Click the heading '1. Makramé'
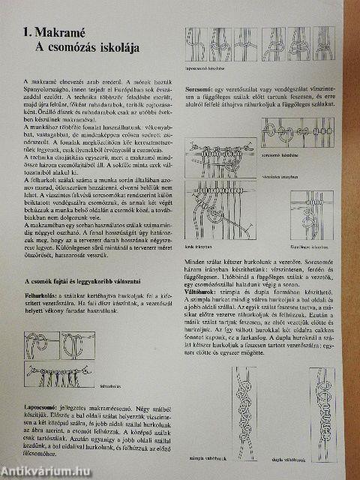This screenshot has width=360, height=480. click(46, 34)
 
